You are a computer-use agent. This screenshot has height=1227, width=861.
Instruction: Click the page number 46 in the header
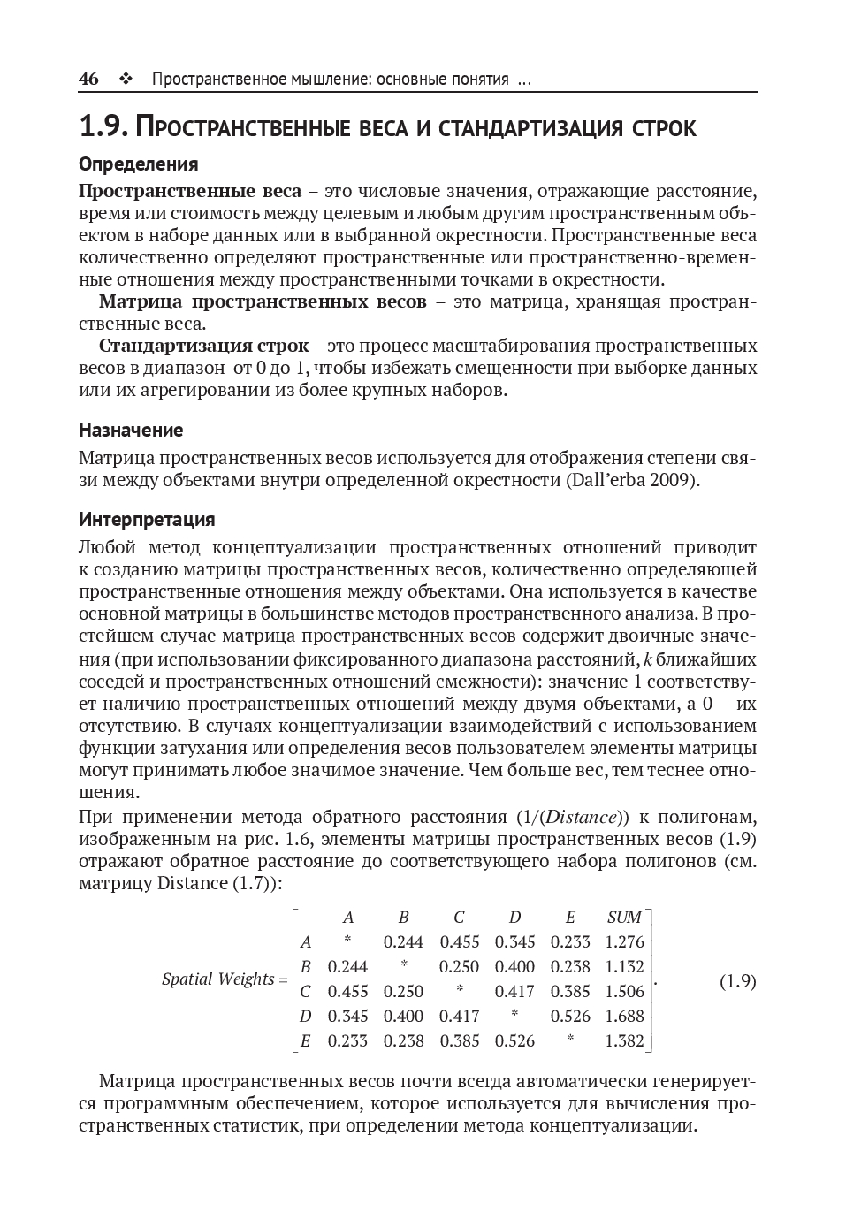pos(88,79)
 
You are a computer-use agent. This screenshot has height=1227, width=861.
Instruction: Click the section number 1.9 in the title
pos(103,128)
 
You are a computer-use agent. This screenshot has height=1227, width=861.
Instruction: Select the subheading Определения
pos(138,164)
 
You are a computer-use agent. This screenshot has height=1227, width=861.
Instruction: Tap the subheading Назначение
pos(131,431)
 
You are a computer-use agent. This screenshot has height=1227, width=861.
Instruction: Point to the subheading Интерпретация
pos(147,519)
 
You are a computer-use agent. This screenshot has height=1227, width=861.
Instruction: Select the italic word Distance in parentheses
pos(583,816)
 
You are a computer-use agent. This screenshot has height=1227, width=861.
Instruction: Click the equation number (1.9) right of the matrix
pos(737,981)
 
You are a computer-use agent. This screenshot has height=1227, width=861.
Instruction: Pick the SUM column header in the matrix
pos(624,918)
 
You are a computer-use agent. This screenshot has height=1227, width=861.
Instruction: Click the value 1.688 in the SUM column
pos(624,1017)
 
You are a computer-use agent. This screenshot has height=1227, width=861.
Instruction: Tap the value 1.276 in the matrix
pos(624,942)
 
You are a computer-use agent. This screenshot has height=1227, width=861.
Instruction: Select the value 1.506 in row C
pos(624,992)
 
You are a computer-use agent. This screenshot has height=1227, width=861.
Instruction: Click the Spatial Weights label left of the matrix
pos(218,979)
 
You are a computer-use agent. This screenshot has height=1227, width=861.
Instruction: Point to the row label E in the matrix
pos(306,1041)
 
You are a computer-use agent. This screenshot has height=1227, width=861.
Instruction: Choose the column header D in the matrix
pos(514,918)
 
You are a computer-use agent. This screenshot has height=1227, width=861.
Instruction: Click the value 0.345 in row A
pos(514,942)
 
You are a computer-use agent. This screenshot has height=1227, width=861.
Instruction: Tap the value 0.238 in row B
pos(570,967)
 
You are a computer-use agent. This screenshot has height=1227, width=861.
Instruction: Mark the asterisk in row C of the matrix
pos(460,992)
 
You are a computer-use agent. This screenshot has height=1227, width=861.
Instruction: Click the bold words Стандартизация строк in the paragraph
pos(204,346)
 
